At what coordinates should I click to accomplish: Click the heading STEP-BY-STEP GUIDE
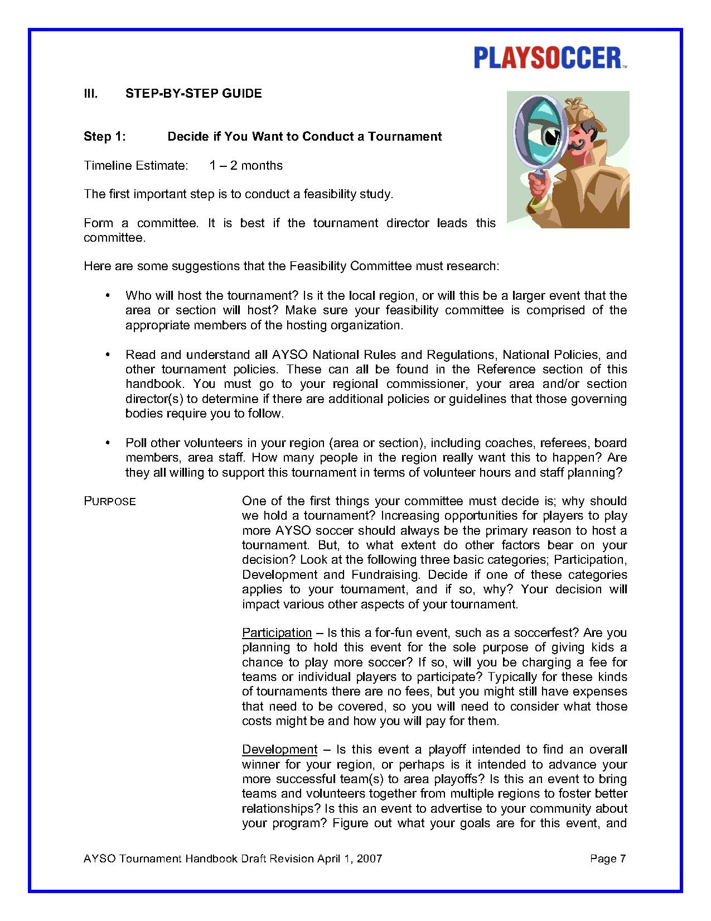coord(194,93)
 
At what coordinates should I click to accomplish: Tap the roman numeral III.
coord(90,93)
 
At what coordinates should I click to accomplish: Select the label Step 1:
coord(104,136)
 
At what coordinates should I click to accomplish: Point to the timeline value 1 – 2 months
coord(246,165)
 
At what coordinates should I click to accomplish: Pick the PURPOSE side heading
coord(110,501)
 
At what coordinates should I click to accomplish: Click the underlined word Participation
coord(277,632)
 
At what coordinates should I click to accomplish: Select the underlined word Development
coord(279,749)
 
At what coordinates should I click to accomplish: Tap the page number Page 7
coord(608,858)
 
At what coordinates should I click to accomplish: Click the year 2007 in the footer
coord(369,858)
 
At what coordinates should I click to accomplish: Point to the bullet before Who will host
coord(107,295)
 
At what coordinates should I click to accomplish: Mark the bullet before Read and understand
coord(107,354)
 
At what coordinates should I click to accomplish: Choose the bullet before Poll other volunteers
coord(107,443)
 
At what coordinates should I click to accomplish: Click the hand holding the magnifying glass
coord(539,187)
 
